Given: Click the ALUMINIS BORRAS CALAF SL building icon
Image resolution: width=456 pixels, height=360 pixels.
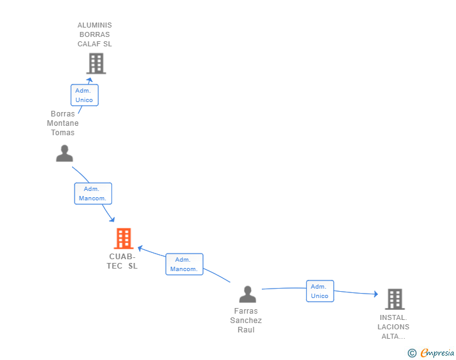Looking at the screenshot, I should tap(96, 63).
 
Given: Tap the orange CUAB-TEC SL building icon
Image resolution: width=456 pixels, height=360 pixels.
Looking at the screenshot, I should tap(124, 239).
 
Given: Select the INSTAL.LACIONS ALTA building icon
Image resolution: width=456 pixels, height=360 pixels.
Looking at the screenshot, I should tap(395, 299).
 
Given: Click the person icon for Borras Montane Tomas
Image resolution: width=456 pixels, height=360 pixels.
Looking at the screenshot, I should tap(65, 153).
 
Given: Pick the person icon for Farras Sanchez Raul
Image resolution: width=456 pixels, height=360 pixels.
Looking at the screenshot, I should tap(247, 294).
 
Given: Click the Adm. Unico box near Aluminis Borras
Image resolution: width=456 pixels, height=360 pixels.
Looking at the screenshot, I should tap(84, 95).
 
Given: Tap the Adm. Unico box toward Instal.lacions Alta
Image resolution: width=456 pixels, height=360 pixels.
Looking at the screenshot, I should tap(319, 291).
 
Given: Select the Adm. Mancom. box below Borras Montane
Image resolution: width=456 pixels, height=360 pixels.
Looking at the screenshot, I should tap(93, 193).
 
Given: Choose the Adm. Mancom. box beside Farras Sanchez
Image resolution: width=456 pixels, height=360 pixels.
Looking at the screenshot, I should tap(184, 264).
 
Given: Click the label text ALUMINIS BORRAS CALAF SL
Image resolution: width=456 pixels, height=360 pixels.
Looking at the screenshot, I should tap(95, 34).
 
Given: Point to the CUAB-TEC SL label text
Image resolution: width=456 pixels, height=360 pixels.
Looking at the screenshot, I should tap(122, 261).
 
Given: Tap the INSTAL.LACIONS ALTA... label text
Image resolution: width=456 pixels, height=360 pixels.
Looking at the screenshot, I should tap(393, 327).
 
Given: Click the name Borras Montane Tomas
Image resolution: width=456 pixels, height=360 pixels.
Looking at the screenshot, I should tap(63, 123).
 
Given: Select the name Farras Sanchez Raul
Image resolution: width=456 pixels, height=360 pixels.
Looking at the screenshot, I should tap(246, 321).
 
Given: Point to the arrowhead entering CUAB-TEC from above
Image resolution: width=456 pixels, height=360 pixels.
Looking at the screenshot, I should tap(111, 219).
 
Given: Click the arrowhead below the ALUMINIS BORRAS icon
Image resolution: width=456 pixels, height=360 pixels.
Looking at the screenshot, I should tap(90, 80).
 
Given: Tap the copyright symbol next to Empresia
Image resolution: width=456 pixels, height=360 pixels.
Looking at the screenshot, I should tap(412, 353).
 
